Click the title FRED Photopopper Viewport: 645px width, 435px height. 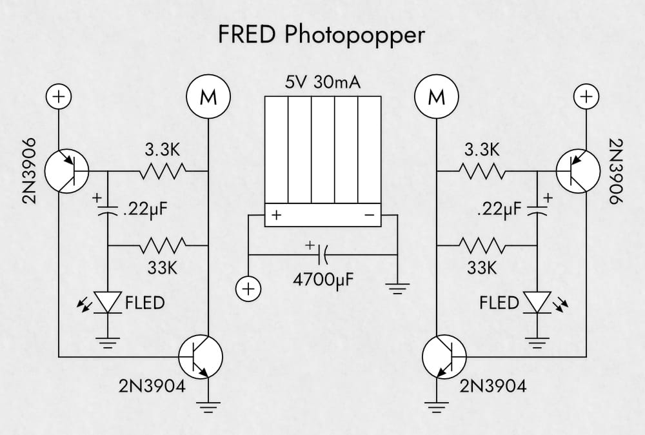click(x=322, y=34)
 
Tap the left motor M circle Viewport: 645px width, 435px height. click(x=208, y=97)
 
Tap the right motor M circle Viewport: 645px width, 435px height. click(x=437, y=97)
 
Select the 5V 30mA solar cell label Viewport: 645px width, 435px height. click(x=322, y=83)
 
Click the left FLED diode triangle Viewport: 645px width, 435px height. click(x=108, y=301)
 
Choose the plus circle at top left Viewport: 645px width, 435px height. click(x=59, y=97)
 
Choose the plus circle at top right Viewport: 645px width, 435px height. click(x=586, y=97)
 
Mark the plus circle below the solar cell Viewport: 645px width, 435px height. click(x=248, y=288)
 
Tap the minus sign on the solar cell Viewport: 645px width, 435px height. click(x=370, y=216)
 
